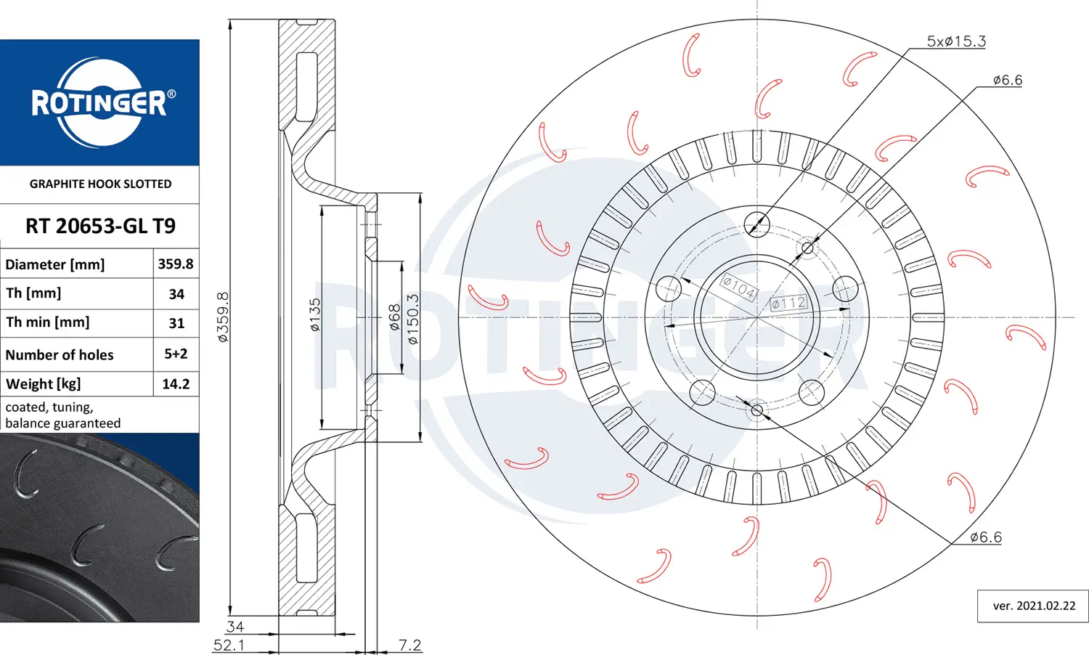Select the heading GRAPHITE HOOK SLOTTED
pyautogui.click(x=101, y=184)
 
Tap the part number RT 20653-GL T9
pyautogui.click(x=100, y=226)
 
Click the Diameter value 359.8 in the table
pyautogui.click(x=176, y=264)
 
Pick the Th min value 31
pyautogui.click(x=176, y=323)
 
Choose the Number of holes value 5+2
pyautogui.click(x=176, y=354)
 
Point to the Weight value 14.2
pyautogui.click(x=176, y=384)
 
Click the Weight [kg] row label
pyautogui.click(x=44, y=384)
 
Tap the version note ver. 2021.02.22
pyautogui.click(x=1034, y=606)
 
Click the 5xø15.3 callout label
pyautogui.click(x=956, y=41)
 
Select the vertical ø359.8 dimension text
pyautogui.click(x=223, y=317)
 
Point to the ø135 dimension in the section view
pyautogui.click(x=315, y=314)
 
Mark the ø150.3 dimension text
pyautogui.click(x=413, y=319)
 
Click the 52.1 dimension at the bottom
pyautogui.click(x=229, y=646)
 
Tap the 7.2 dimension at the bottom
pyautogui.click(x=410, y=646)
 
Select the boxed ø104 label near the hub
pyautogui.click(x=738, y=288)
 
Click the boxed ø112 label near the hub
pyautogui.click(x=789, y=304)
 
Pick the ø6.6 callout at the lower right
pyautogui.click(x=986, y=537)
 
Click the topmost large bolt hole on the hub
pyautogui.click(x=757, y=224)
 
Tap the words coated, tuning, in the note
pyautogui.click(x=49, y=407)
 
